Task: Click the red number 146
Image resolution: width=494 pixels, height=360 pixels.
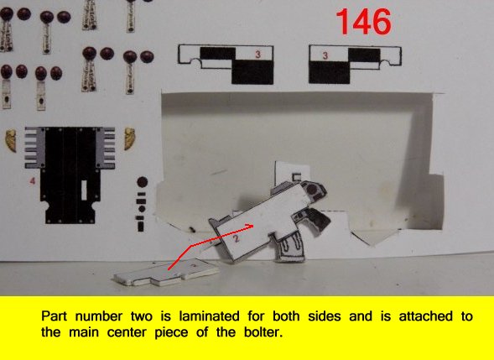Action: point(364,22)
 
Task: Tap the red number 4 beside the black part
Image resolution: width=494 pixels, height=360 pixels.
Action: point(32,181)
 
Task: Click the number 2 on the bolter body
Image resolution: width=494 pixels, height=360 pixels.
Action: point(237,238)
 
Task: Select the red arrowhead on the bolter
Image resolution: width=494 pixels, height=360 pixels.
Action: point(250,226)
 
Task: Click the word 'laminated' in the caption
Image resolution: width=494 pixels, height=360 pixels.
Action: point(209,316)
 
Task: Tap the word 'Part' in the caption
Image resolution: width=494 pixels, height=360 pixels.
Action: point(54,316)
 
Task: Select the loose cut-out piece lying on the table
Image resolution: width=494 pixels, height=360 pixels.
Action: point(166,273)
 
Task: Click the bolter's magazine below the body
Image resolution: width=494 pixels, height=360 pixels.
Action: point(290,249)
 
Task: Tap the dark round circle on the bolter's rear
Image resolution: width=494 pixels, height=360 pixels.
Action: point(312,190)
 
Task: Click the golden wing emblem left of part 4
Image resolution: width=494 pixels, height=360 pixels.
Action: point(11,140)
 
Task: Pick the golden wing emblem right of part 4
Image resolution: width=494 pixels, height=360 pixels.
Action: point(129,138)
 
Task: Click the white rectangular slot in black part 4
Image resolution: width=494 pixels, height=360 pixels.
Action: point(84,190)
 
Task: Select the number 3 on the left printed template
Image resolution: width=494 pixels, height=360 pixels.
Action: point(258,55)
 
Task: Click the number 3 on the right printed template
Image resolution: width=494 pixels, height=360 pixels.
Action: point(325,55)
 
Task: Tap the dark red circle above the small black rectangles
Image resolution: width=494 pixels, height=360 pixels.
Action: point(143,182)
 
